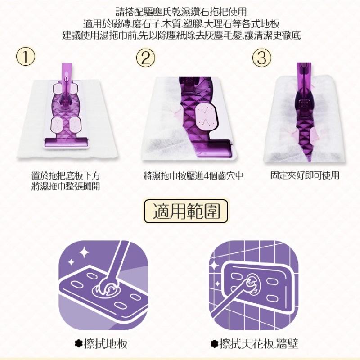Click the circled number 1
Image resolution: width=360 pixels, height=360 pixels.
coord(26,57)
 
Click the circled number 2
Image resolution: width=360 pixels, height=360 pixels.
coord(146,58)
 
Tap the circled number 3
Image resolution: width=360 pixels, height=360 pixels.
coord(262,58)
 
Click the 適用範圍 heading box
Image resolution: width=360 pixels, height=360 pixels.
coord(186,211)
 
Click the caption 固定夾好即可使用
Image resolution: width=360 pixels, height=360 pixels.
coord(305,175)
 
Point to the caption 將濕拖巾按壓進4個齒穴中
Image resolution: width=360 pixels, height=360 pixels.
coord(193,176)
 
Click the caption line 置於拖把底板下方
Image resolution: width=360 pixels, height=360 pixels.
coord(66,176)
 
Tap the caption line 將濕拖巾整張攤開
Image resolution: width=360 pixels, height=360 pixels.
coord(66,186)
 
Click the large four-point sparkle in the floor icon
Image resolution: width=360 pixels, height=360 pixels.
coord(84,252)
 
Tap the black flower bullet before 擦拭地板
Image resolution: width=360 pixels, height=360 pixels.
coord(78,344)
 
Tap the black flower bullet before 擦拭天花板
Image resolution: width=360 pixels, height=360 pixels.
coord(214,344)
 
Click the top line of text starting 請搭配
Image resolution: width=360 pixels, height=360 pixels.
coord(181,12)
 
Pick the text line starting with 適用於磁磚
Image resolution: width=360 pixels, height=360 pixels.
coord(181,24)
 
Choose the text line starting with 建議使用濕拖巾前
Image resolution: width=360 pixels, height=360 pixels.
coord(181,36)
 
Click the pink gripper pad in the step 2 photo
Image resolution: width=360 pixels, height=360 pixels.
coord(206,117)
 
